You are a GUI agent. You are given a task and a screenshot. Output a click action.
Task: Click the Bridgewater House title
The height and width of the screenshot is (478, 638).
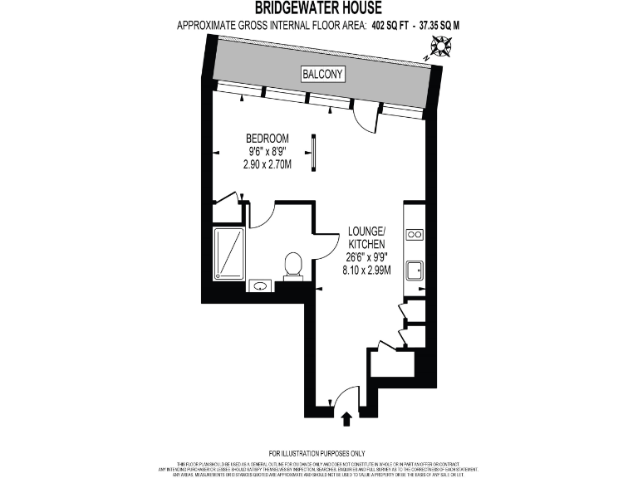[318, 8]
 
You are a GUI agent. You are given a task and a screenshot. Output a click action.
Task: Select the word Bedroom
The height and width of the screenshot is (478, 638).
[267, 138]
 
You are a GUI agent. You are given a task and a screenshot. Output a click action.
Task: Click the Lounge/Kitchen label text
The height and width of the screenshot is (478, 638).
[366, 237]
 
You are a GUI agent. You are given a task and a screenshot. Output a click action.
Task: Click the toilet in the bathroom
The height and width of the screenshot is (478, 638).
[292, 265]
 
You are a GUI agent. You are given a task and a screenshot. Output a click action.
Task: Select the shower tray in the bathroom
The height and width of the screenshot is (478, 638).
[228, 254]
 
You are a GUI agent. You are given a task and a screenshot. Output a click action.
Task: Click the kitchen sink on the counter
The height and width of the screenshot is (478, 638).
[414, 271]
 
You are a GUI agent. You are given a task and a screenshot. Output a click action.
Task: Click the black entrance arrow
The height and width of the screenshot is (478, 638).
[346, 420]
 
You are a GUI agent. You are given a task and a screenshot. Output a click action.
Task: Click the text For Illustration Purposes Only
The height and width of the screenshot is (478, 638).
[319, 452]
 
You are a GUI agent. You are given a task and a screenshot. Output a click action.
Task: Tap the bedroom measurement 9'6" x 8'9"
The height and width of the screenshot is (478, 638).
[267, 151]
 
